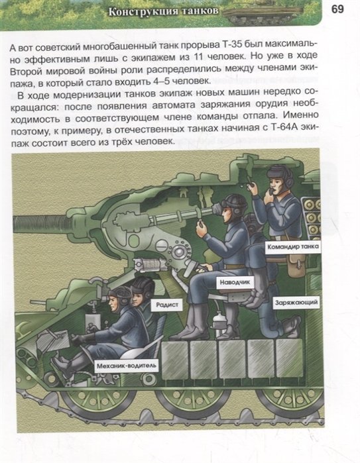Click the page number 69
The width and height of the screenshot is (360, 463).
pos(337,9)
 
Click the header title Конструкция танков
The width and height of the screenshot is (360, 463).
pos(164,11)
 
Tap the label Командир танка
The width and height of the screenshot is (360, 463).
pos(293,246)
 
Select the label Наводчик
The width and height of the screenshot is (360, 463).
pos(235,282)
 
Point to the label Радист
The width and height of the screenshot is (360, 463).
pos(167,305)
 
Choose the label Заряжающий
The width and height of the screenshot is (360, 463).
pos(296,302)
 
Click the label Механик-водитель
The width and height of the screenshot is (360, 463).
pos(127,366)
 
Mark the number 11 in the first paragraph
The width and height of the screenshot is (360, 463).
pos(196,57)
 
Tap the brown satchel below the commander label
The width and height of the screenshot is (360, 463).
pos(297,265)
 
